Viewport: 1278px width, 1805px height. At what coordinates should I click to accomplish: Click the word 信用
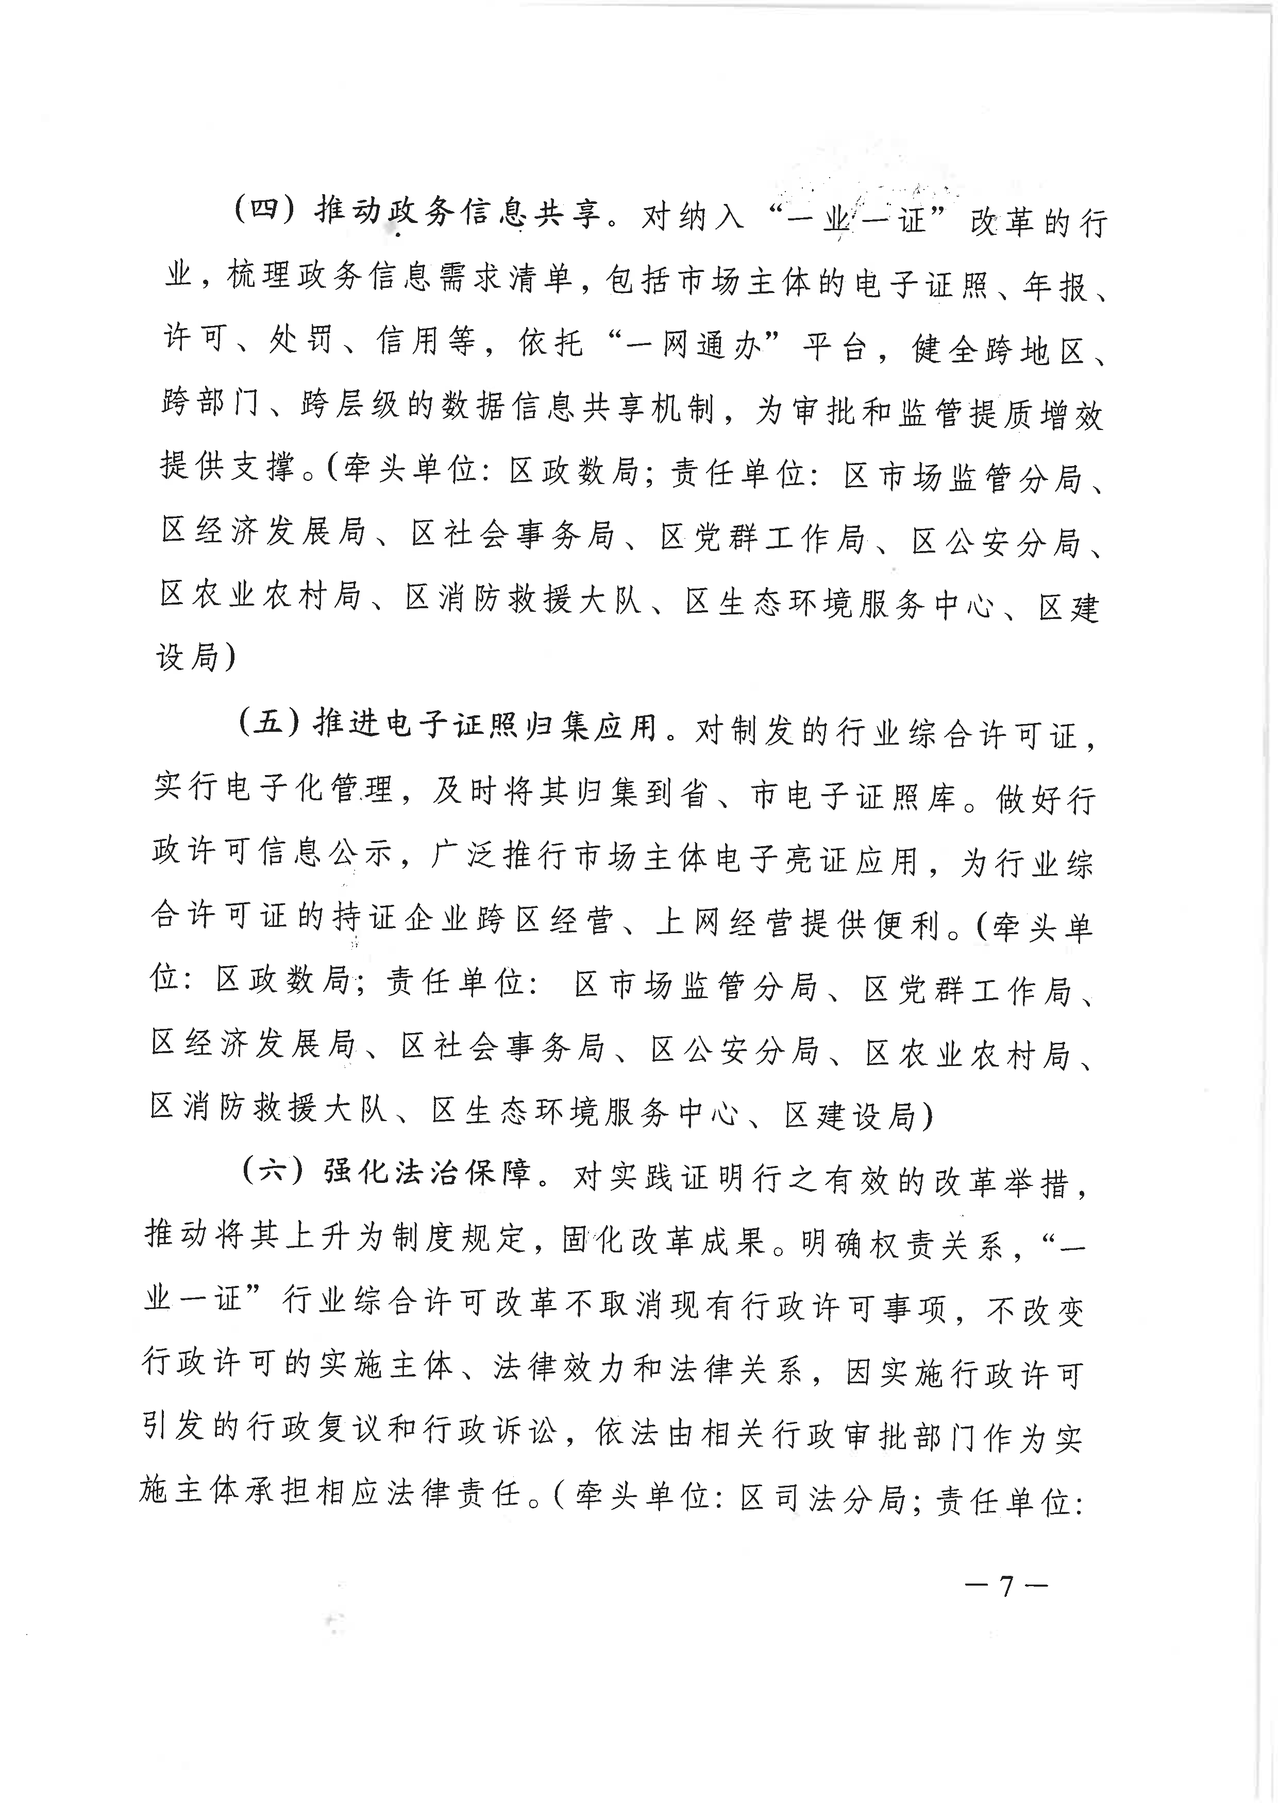407,340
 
